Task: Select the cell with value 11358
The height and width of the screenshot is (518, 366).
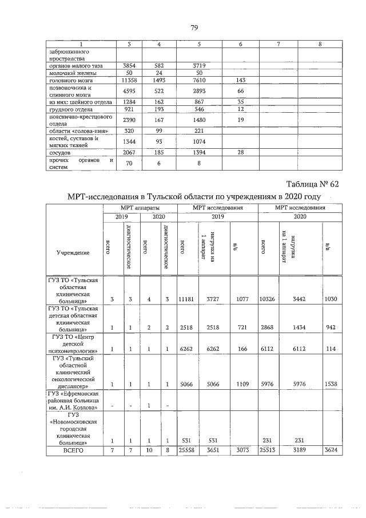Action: click(129, 81)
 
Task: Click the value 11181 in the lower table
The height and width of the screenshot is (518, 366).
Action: click(187, 299)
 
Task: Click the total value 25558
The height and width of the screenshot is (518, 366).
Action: click(187, 451)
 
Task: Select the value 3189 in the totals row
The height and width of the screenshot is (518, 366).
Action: click(297, 451)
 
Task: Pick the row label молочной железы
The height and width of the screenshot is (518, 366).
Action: click(65, 73)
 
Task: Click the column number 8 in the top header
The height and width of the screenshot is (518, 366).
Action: click(320, 44)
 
